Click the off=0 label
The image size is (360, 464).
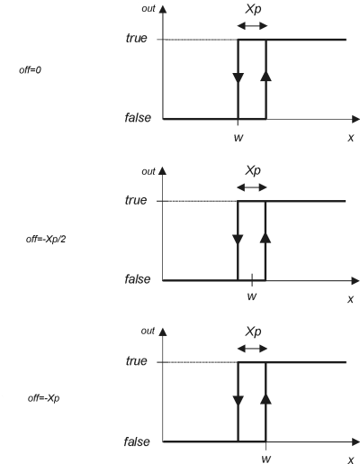(x=30, y=70)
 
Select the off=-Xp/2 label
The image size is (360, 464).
(x=46, y=239)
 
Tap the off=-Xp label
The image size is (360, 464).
(x=43, y=398)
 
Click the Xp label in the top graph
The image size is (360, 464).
(x=253, y=9)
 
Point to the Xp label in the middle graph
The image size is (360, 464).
(x=253, y=170)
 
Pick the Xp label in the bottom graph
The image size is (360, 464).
(x=253, y=332)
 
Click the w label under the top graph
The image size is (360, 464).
(x=238, y=138)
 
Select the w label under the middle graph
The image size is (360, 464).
(x=252, y=296)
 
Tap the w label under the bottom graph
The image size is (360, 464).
(x=266, y=459)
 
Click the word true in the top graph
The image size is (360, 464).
(x=137, y=38)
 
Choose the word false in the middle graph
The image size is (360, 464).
(x=138, y=279)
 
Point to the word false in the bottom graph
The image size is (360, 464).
(x=137, y=441)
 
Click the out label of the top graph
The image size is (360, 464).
(x=148, y=9)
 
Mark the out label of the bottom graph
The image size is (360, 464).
(x=148, y=331)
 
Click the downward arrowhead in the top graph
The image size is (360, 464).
(x=238, y=77)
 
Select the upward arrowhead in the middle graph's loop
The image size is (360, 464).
(x=265, y=238)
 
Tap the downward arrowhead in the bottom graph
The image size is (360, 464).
(x=238, y=401)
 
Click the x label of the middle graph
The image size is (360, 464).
(x=350, y=299)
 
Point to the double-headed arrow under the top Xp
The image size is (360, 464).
(x=252, y=26)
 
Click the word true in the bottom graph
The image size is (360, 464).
(x=137, y=361)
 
